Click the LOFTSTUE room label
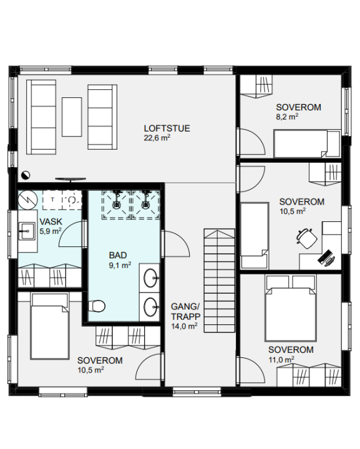[167, 128]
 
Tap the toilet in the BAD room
[96, 306]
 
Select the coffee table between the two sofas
[72, 117]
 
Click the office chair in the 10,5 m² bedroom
[307, 238]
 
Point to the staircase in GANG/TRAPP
[219, 281]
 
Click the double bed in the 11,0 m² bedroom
[291, 308]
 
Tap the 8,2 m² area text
[287, 117]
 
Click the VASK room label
[51, 221]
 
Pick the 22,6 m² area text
[157, 138]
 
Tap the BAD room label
[118, 255]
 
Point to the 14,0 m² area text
[184, 326]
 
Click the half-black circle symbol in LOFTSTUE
[26, 175]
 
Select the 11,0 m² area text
[281, 359]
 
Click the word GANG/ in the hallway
[185, 307]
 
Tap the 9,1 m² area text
[120, 265]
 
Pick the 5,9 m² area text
[51, 231]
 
